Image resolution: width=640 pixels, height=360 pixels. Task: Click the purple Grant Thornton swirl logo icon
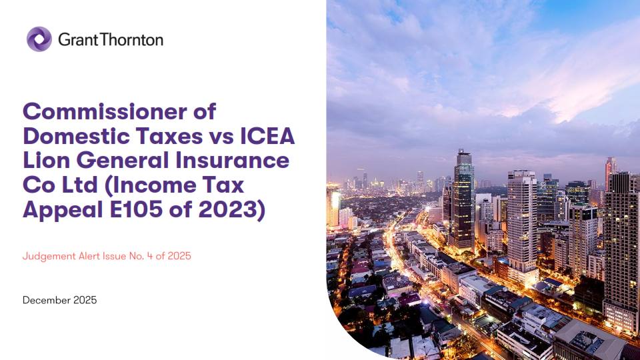click(39, 39)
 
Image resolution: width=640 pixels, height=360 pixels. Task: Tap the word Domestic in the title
click(75, 136)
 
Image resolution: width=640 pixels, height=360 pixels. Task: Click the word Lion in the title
click(44, 161)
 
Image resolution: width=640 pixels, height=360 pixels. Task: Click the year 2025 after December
click(84, 300)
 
